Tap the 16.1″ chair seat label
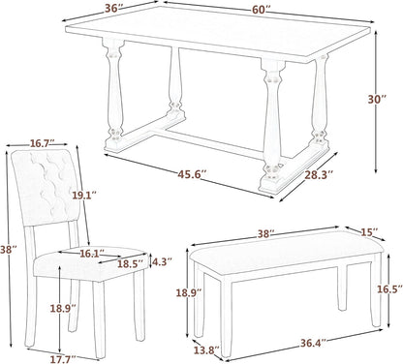point(91,254)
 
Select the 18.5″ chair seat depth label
point(128,263)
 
